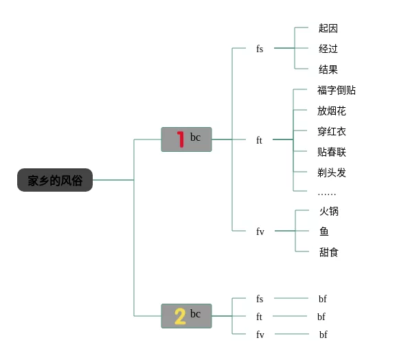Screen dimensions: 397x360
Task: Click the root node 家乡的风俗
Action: [x=55, y=180]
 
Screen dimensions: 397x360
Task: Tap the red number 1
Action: [x=181, y=139]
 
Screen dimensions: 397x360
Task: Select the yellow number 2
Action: [x=180, y=316]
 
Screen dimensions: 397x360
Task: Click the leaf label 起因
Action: [x=328, y=28]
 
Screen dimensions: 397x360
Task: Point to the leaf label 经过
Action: [x=328, y=49]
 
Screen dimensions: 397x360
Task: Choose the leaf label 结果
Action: [x=328, y=69]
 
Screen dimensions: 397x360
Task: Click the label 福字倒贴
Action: [x=337, y=90]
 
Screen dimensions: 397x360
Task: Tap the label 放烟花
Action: [x=332, y=111]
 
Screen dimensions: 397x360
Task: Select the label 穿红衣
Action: [x=332, y=131]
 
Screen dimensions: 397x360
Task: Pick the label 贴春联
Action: [x=332, y=152]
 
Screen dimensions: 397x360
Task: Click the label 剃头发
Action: [x=332, y=172]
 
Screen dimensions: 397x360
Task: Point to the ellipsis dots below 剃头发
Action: [x=327, y=194]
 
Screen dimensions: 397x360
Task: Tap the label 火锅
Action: [x=329, y=211]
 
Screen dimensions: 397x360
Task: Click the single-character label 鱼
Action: [x=324, y=232]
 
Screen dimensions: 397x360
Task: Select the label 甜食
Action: [x=329, y=252]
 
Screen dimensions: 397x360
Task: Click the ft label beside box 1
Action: [x=259, y=139]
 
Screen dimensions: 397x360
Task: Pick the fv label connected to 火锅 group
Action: [x=260, y=231]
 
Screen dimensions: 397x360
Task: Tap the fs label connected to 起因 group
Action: [x=260, y=48]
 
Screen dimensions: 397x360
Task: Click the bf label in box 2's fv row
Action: [x=323, y=335]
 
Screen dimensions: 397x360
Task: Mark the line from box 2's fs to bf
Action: [x=291, y=298]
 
